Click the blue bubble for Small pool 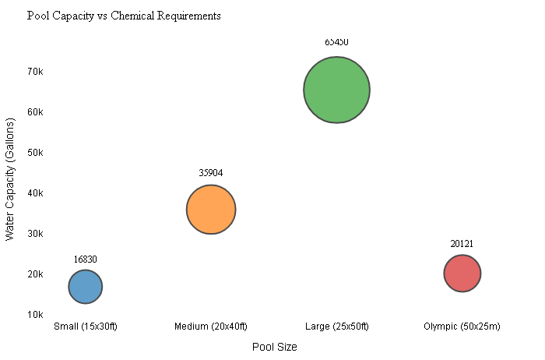click(86, 287)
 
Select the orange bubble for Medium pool click(211, 210)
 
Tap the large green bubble click(336, 90)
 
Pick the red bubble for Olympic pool click(462, 274)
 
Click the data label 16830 click(86, 259)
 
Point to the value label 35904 click(211, 173)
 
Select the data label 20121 click(462, 244)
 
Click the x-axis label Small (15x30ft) click(86, 326)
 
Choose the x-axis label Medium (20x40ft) click(211, 326)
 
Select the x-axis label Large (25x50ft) click(336, 326)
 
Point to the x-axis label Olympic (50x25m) click(462, 326)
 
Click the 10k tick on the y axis click(35, 315)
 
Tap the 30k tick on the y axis click(35, 234)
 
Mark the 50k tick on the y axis click(35, 153)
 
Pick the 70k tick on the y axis click(35, 72)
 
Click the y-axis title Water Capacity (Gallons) click(10, 179)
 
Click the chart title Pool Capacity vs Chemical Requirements click(123, 16)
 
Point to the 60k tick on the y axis click(35, 112)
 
